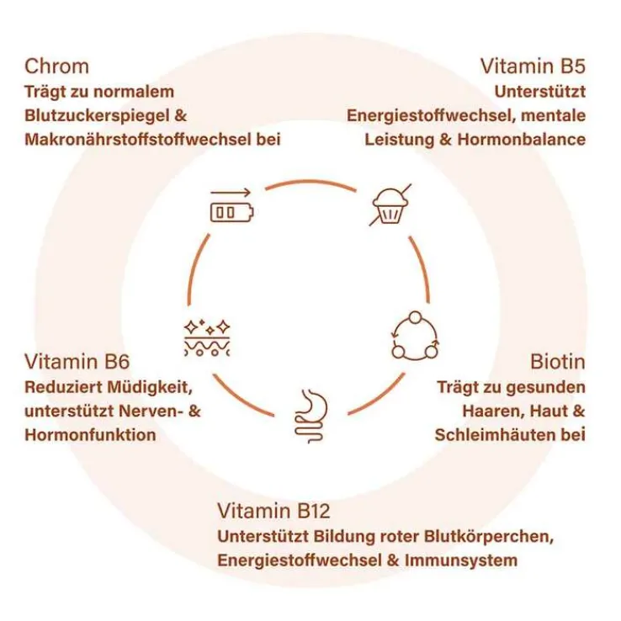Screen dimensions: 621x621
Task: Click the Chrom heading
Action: coord(57,66)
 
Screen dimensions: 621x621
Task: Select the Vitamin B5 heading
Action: coord(533,66)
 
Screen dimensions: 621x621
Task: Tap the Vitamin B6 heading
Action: coord(77,363)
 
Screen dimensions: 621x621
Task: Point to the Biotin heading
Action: coord(558,363)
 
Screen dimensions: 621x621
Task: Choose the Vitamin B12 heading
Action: coord(273,511)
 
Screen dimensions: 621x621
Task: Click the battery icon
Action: coord(230,212)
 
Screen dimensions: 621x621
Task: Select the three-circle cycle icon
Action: coord(415,336)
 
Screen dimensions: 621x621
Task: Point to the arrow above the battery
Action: coord(231,192)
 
